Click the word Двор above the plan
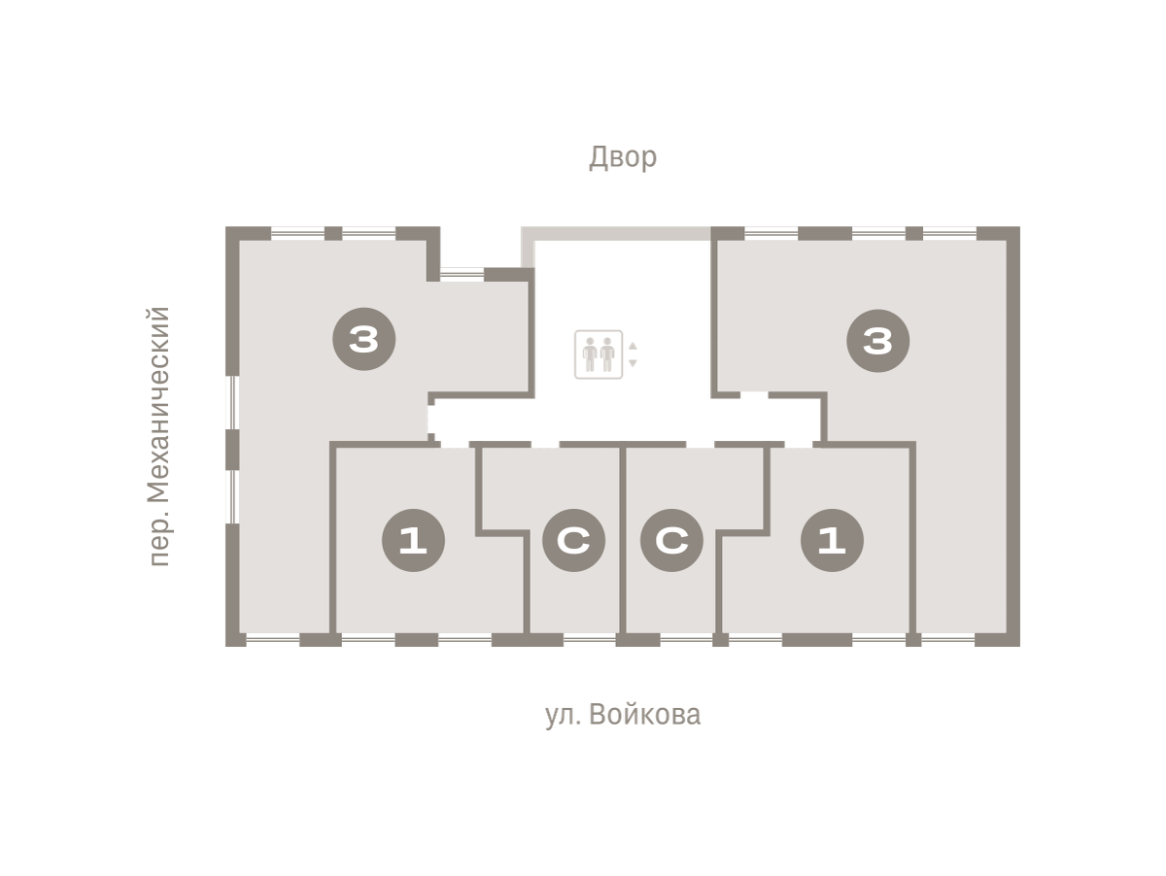623,157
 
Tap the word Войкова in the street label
645,715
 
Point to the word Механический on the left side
158,405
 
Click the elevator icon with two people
599,354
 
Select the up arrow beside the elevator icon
633,346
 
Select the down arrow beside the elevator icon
633,363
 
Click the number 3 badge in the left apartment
363,339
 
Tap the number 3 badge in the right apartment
877,340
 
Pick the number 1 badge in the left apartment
413,540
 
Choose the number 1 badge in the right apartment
832,540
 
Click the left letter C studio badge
573,540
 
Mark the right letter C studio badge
671,540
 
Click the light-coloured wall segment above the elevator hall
616,234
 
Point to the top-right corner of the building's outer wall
1020,226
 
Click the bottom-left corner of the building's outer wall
225,646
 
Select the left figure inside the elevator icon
590,354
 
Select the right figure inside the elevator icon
607,354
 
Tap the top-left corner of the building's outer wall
225,226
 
